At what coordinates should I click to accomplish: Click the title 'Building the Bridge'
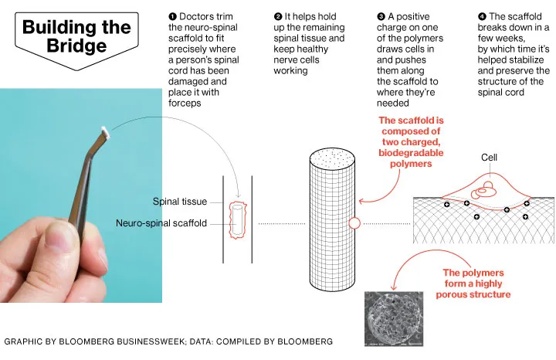(76, 36)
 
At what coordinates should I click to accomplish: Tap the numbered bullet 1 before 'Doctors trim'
(173, 17)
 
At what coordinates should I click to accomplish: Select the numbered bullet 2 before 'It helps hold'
(278, 17)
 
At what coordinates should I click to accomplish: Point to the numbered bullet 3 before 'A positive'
(381, 17)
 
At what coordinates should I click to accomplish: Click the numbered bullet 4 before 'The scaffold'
(482, 17)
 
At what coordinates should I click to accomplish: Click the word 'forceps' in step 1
(185, 104)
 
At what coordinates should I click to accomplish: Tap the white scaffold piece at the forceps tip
(106, 132)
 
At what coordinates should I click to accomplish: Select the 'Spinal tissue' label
(180, 202)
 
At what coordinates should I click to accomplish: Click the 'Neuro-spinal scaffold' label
(161, 223)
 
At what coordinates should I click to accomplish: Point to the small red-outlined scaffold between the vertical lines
(238, 220)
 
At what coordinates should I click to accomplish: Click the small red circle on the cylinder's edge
(354, 223)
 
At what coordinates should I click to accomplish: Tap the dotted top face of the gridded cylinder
(332, 158)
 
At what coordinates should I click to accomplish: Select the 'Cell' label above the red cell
(489, 158)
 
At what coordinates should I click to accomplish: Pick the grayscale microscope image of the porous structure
(394, 318)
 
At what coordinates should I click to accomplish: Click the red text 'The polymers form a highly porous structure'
(473, 284)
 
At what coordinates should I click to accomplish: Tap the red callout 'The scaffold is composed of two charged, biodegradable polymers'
(411, 142)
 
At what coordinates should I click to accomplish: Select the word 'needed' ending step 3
(393, 104)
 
